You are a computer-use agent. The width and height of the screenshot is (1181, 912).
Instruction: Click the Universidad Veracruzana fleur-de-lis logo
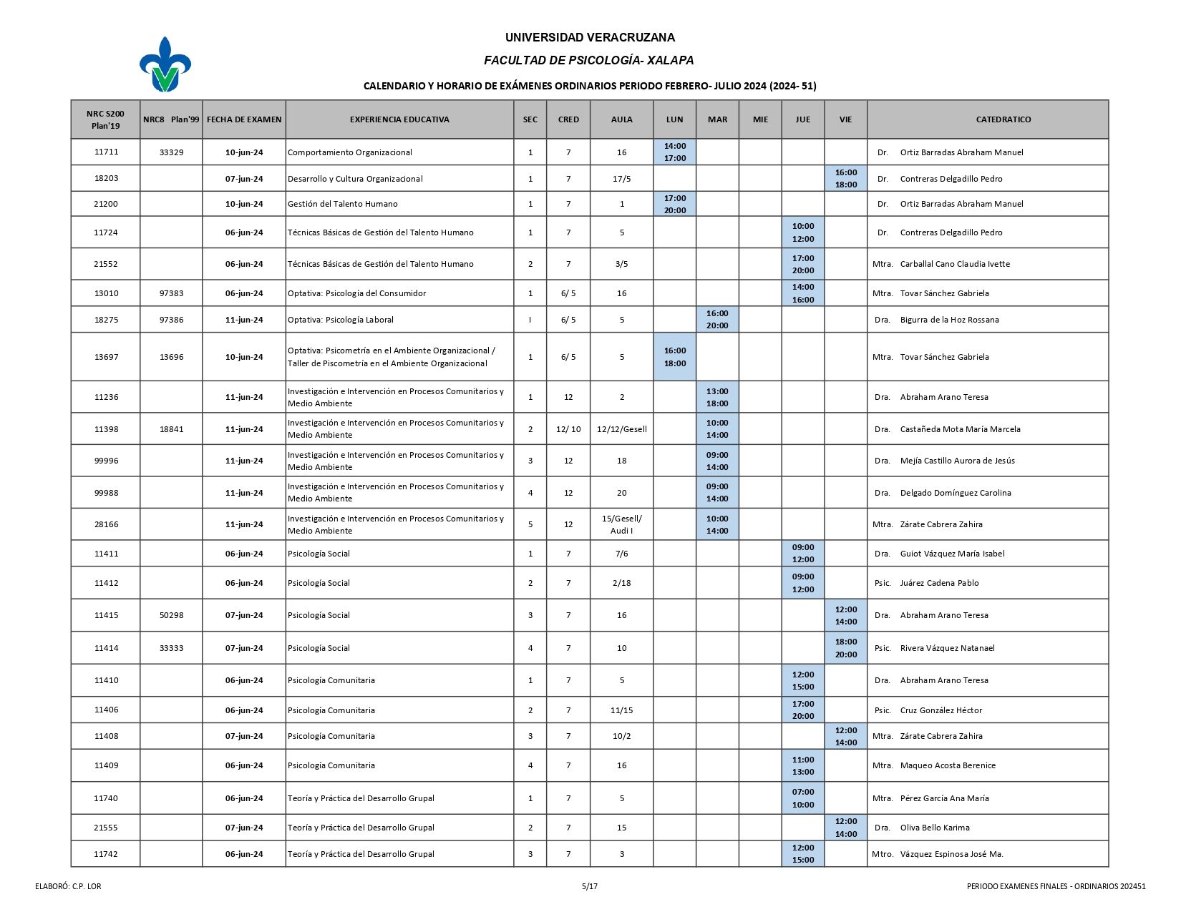pos(165,64)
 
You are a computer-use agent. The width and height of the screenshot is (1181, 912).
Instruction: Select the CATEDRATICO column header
pos(1003,119)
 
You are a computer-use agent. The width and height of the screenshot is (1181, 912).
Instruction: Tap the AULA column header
pos(621,119)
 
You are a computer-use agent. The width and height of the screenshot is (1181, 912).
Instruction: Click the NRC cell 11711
pos(106,152)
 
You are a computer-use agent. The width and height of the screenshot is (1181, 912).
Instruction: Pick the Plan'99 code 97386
pos(171,320)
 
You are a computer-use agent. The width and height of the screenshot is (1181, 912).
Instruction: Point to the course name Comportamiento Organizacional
pos(349,152)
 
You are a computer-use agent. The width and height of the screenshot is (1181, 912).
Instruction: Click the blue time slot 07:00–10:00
pos(803,798)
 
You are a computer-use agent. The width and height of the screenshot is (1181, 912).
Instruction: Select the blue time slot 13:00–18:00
pos(717,397)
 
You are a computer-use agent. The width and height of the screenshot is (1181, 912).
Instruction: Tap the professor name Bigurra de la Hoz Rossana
pos(949,320)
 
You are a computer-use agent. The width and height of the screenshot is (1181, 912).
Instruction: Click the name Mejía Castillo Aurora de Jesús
pos(957,461)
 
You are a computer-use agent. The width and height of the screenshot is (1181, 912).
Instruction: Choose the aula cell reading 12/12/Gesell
pos(621,429)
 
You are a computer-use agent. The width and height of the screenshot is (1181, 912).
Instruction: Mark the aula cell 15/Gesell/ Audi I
pos(621,524)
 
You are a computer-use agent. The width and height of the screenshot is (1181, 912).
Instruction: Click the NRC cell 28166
pos(106,524)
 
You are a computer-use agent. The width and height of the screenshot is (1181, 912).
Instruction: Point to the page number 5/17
pos(590,886)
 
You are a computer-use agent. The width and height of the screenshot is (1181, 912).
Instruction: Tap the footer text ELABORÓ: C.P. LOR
pos(68,886)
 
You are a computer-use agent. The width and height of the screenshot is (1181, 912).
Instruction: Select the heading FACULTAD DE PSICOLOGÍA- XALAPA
pos(589,61)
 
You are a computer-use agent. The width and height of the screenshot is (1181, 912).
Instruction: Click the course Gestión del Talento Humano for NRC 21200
pos(342,204)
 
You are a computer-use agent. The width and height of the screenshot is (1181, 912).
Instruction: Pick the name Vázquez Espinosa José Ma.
pos(951,854)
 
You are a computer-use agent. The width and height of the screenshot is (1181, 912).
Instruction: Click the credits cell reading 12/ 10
pos(568,429)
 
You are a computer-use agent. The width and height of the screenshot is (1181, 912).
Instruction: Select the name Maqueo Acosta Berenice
pos(948,765)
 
